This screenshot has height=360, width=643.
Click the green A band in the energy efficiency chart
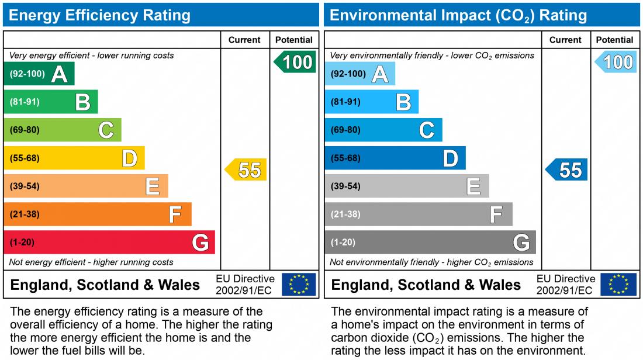pyautogui.click(x=39, y=74)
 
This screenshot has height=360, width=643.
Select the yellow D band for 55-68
pyautogui.click(x=74, y=158)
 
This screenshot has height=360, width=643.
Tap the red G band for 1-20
pyautogui.click(x=109, y=243)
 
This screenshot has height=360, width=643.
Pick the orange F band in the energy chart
pyautogui.click(x=97, y=214)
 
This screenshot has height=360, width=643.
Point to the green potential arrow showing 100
pyautogui.click(x=295, y=62)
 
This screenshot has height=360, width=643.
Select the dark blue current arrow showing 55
pyautogui.click(x=567, y=170)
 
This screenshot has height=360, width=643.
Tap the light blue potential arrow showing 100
pyautogui.click(x=616, y=62)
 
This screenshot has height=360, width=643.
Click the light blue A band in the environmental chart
pyautogui.click(x=359, y=74)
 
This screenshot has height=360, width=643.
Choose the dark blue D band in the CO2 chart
pyautogui.click(x=395, y=158)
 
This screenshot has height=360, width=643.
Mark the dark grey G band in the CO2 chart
pyautogui.click(x=430, y=243)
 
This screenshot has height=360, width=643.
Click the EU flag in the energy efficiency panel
pyautogui.click(x=299, y=285)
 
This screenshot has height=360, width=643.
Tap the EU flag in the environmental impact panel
pyautogui.click(x=619, y=285)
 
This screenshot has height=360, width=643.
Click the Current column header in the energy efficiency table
pyautogui.click(x=244, y=40)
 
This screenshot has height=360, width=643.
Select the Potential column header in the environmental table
pyautogui.click(x=614, y=40)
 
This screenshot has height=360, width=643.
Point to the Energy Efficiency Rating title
pyautogui.click(x=99, y=15)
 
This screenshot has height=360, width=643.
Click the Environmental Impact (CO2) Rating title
pyautogui.click(x=458, y=15)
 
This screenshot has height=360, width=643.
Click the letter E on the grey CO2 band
pyautogui.click(x=473, y=186)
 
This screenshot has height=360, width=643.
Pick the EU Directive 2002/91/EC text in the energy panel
pyautogui.click(x=245, y=285)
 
